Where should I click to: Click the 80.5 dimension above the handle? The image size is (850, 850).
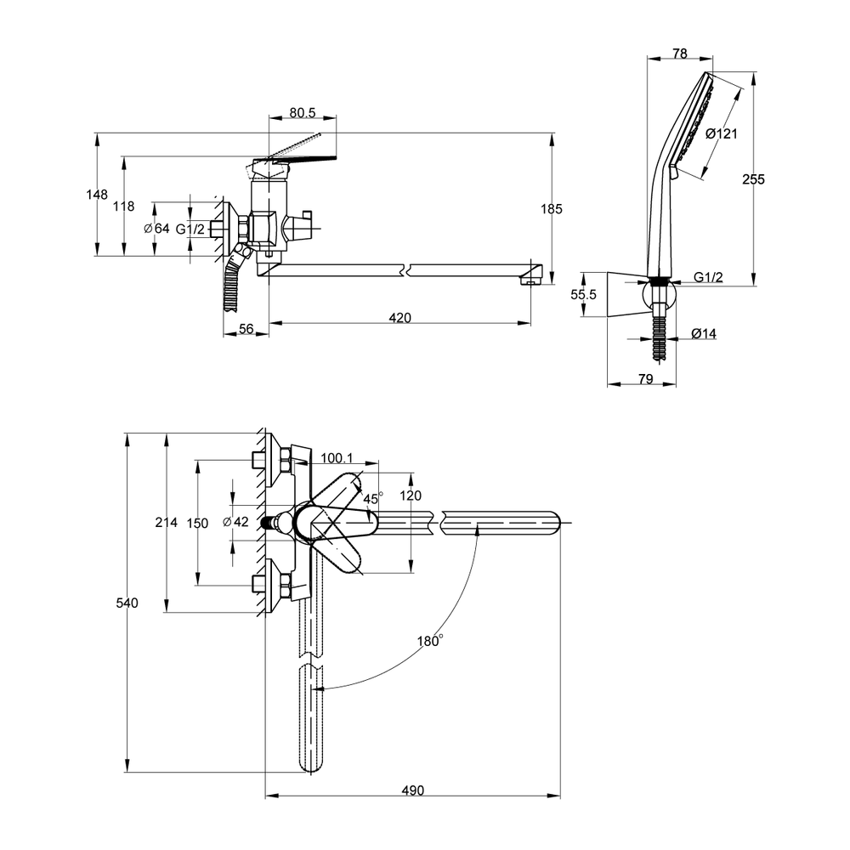click(302, 111)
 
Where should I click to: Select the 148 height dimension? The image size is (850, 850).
click(97, 195)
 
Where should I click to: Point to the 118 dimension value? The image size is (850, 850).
click(124, 206)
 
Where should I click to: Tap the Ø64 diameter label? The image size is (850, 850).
click(157, 228)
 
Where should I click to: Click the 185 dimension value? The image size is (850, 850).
click(552, 208)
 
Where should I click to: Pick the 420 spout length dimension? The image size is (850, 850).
click(399, 318)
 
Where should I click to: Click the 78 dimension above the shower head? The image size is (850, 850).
click(679, 54)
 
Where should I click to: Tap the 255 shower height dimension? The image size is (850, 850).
click(753, 179)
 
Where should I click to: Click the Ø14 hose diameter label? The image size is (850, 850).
click(704, 334)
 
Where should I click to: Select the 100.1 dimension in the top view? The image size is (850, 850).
click(337, 458)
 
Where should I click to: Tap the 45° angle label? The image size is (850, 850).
click(373, 498)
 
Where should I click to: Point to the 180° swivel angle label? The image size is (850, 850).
click(429, 642)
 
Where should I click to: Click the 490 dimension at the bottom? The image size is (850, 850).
click(412, 790)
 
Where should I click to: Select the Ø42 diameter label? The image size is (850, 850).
click(235, 522)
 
